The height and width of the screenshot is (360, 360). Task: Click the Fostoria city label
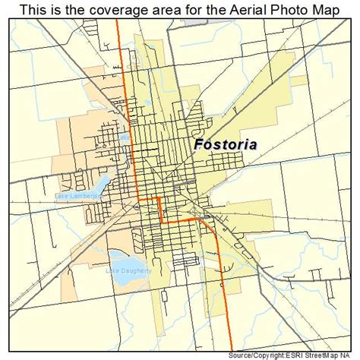224,144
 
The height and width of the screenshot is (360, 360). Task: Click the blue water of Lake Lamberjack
99,185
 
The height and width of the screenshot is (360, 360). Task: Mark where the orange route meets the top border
118,21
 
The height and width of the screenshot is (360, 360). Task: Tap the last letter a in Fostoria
251,144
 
